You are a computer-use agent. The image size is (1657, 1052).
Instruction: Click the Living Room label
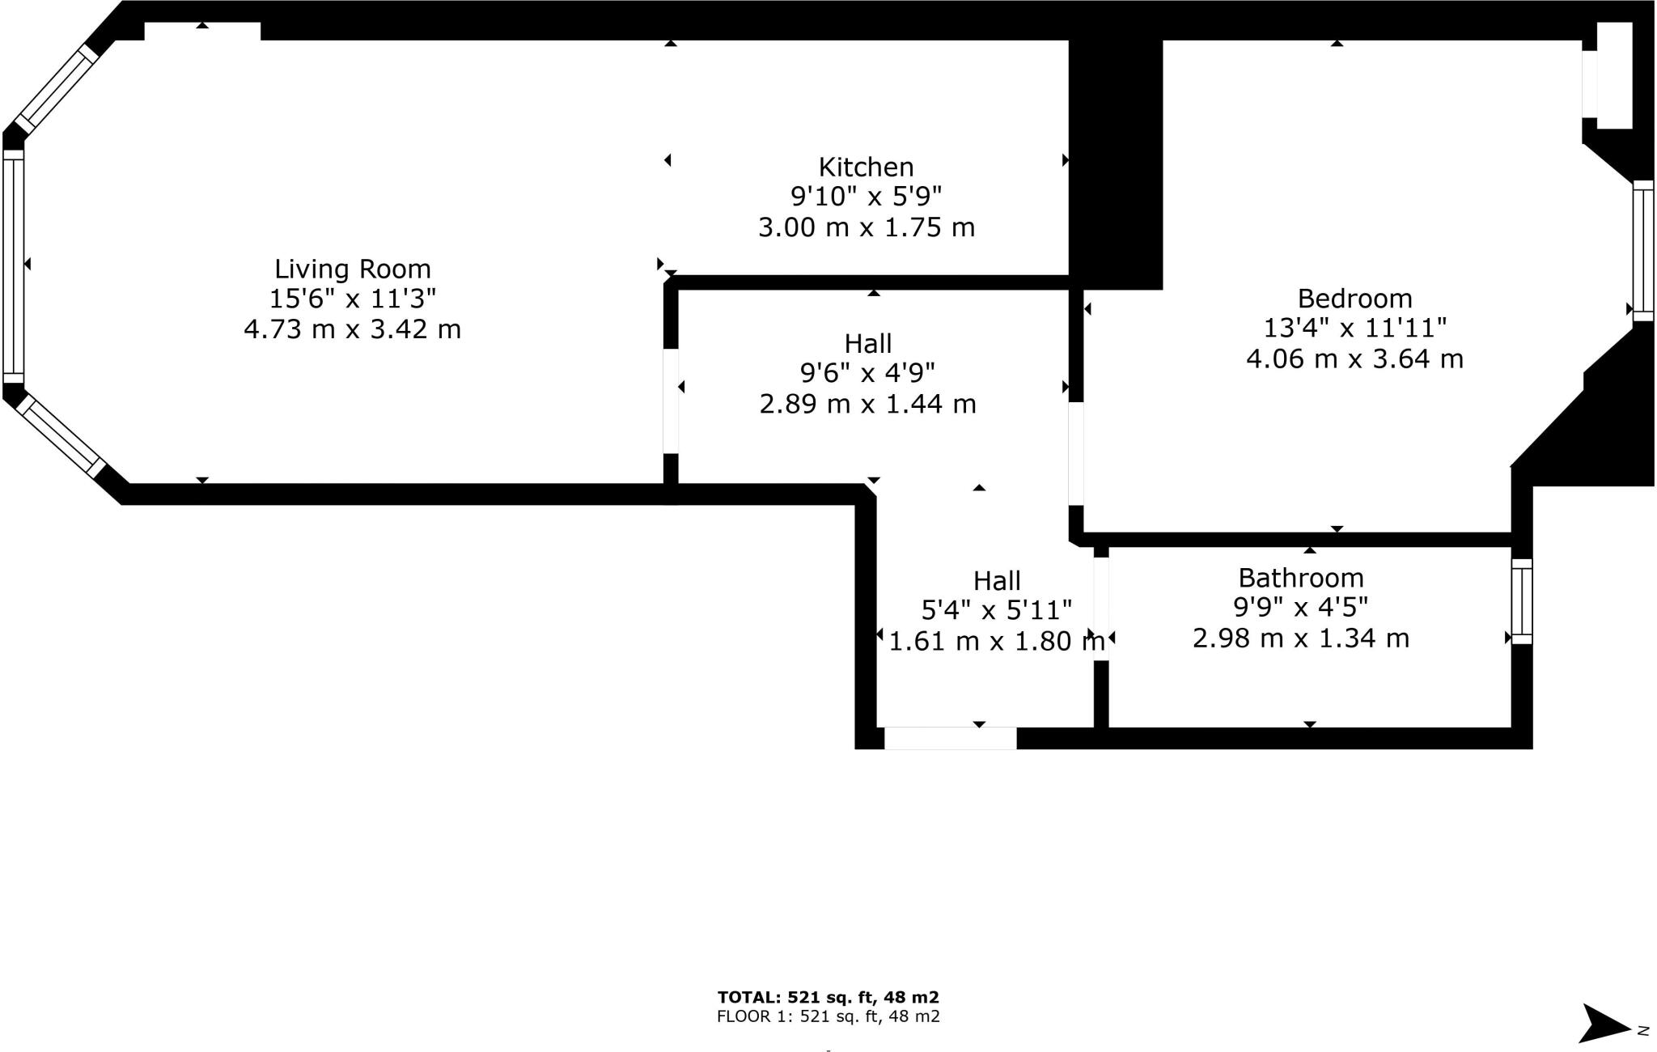point(352,269)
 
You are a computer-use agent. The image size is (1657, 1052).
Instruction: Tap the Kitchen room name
point(866,168)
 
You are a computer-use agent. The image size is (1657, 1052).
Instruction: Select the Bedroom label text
point(1354,299)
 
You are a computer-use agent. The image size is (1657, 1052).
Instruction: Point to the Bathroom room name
point(1300,578)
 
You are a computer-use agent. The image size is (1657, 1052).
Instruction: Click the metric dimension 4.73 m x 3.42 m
point(352,329)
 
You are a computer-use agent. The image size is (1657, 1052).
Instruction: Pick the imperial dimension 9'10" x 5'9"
point(866,197)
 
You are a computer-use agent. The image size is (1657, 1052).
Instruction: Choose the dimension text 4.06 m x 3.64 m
point(1354,358)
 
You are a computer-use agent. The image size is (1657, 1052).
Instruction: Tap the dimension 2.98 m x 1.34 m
point(1300,638)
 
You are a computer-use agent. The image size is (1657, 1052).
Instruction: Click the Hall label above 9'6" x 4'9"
point(867,344)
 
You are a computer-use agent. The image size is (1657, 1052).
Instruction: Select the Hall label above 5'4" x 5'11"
point(996,581)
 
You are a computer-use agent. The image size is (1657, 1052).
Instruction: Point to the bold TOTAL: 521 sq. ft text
point(828,998)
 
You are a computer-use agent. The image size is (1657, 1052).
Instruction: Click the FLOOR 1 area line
point(828,1016)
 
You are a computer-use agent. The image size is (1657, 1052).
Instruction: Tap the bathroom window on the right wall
point(1521,601)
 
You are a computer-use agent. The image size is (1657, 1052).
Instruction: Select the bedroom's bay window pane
point(1642,251)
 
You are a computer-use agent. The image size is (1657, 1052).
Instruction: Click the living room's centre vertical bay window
point(13,265)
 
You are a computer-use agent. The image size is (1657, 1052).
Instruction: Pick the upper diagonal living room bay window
point(57,88)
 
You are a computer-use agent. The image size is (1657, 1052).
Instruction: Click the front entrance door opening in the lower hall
point(950,738)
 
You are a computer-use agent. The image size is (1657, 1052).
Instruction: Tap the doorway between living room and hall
point(670,401)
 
